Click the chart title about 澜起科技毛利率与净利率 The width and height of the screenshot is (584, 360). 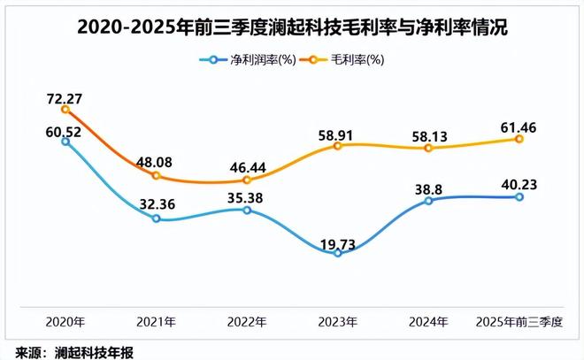click(x=292, y=27)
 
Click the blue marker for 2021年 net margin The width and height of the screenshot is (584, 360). click(x=156, y=218)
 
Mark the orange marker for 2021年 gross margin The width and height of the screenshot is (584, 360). click(x=156, y=176)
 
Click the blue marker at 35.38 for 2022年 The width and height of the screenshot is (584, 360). click(x=247, y=210)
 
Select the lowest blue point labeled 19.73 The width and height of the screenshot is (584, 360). click(x=337, y=253)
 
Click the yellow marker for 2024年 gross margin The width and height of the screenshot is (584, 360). click(x=428, y=148)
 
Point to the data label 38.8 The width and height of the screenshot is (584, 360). click(x=428, y=187)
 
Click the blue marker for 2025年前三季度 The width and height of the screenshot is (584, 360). click(x=519, y=197)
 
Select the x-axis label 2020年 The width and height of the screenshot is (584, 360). click(x=65, y=320)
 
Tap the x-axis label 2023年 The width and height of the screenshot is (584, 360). click(x=337, y=320)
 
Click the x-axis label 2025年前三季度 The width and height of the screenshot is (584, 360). click(x=519, y=320)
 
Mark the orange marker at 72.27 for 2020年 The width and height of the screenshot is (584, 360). click(x=65, y=109)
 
